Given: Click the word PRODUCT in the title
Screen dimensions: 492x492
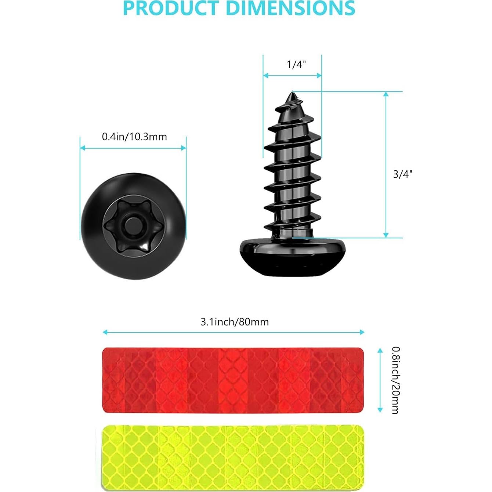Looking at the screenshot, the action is coord(171,8).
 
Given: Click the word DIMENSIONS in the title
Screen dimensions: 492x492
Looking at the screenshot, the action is coord(290,8).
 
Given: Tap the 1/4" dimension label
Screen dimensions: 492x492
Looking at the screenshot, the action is coord(296,65).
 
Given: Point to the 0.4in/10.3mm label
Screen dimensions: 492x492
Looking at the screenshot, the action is coord(134,137).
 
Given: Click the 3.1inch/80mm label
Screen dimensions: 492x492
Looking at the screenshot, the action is coord(235,322).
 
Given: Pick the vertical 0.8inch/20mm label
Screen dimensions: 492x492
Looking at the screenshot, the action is coord(395,380).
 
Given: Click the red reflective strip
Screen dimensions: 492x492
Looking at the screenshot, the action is coord(232,380).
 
